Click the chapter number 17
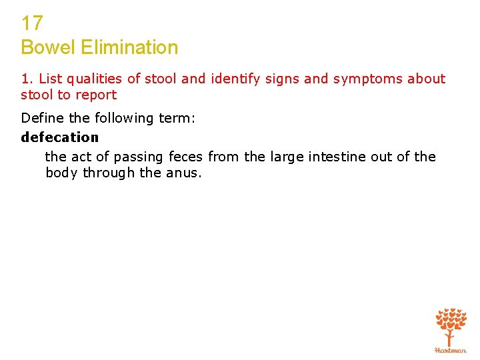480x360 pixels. coord(32,24)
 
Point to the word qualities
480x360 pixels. coord(97,79)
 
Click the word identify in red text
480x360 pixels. coord(233,79)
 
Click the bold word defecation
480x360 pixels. coord(59,137)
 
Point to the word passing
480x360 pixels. coord(139,157)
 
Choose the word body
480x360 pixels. coord(61,173)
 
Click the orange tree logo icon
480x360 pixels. coord(451,325)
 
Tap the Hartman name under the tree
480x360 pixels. coord(451,350)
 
